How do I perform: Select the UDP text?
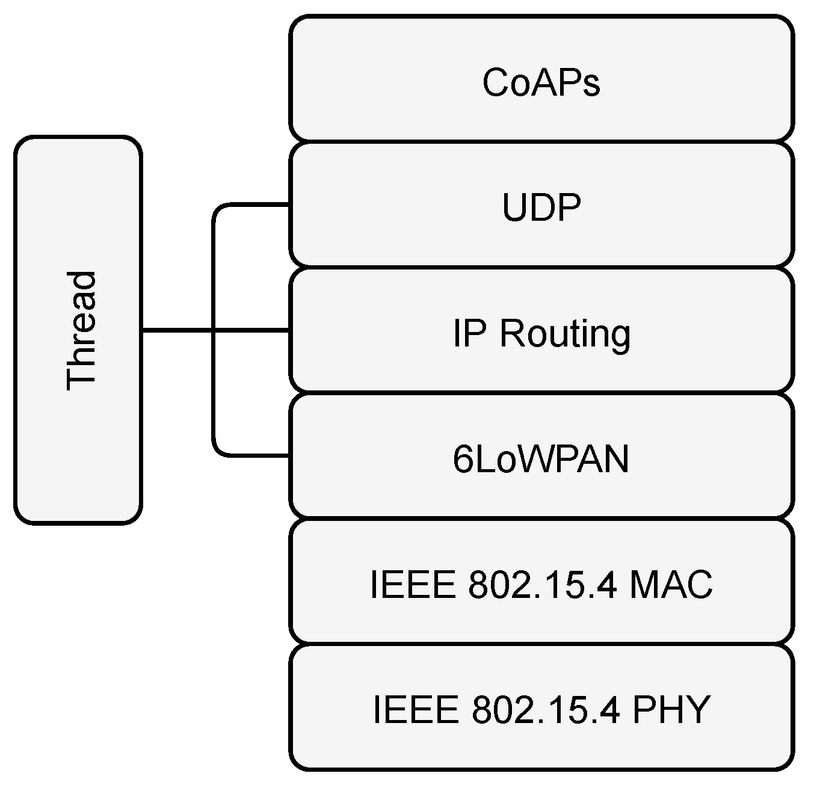tap(541, 208)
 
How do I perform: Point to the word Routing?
tap(565, 334)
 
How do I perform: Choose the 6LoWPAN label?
tap(541, 460)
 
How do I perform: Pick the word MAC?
tap(670, 584)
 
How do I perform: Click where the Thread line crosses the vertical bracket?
tap(214, 330)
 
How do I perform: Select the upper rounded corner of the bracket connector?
tap(218, 209)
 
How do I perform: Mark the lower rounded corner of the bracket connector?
tap(218, 452)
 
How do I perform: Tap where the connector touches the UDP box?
tap(289, 205)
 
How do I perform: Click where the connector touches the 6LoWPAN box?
tap(289, 456)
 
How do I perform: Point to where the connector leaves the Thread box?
tap(142, 330)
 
